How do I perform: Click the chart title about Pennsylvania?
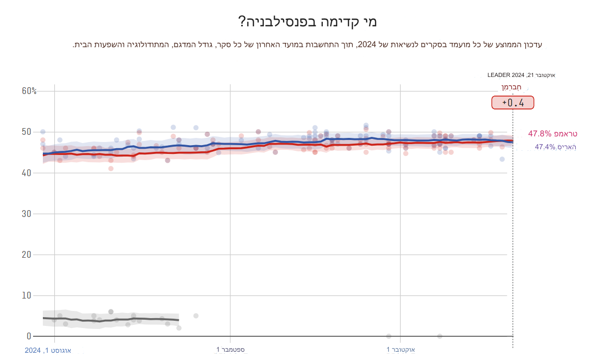(x=308, y=22)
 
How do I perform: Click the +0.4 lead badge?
(x=512, y=102)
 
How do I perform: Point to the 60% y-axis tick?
(x=29, y=91)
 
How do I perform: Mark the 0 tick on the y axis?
(x=29, y=336)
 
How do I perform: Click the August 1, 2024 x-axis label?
(x=48, y=351)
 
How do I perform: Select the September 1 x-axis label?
(x=230, y=350)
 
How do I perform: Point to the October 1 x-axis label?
(x=401, y=350)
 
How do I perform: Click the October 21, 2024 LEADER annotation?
(x=521, y=75)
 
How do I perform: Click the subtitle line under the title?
(x=308, y=45)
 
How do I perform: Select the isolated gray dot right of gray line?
(x=196, y=316)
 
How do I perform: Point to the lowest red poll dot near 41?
(x=111, y=168)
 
